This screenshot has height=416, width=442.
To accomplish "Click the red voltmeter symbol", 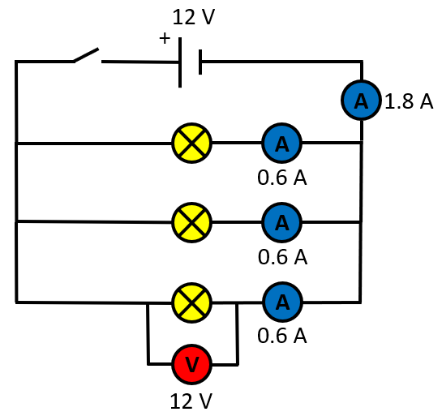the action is [192, 364].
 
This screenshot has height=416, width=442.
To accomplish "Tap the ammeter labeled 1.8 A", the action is [361, 100].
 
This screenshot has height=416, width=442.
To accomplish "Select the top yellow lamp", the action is [191, 143].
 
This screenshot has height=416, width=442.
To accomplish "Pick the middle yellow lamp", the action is [191, 222].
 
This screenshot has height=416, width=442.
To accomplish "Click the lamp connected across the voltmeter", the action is [191, 302].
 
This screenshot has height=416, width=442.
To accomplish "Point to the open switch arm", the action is [86, 54].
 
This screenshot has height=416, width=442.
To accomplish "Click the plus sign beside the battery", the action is [165, 38].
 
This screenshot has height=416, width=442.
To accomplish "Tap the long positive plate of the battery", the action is [180, 62].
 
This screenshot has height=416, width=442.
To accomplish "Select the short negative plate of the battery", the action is [200, 62].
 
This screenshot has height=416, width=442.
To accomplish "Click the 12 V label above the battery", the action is [194, 17].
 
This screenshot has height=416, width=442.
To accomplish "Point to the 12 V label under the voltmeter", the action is [191, 401].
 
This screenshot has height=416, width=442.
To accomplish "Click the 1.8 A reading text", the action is [409, 101].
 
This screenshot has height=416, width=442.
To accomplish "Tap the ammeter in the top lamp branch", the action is [282, 143].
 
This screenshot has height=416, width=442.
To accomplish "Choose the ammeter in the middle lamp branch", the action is [282, 222].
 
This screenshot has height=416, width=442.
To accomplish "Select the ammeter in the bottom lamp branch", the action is [282, 302].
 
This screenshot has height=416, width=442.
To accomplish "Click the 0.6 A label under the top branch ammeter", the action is [282, 178].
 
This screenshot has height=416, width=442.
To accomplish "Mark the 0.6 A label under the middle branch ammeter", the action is [282, 257].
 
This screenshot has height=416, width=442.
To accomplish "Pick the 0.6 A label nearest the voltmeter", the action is [282, 336].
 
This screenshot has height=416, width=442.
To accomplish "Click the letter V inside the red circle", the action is [192, 365].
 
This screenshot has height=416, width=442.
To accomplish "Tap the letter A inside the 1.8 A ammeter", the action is [361, 101].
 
